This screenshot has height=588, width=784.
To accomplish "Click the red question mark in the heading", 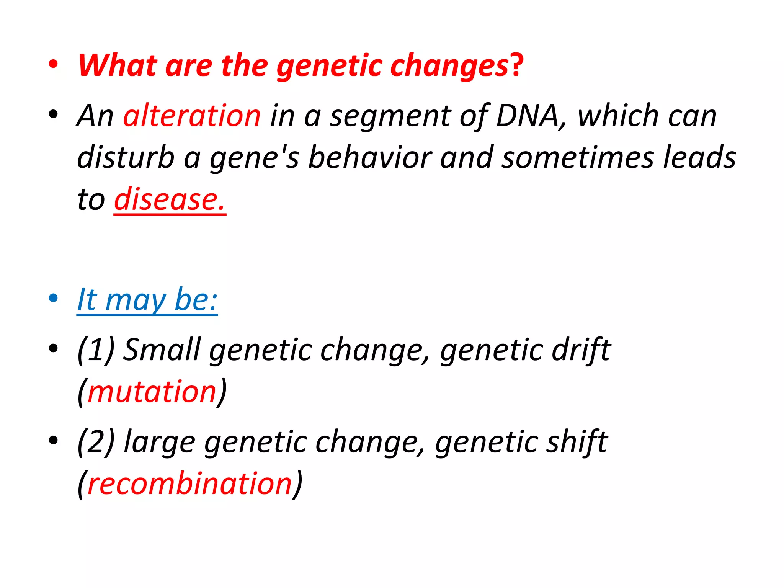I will point(516,65).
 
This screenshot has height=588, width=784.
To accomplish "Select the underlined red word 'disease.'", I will point(170,199).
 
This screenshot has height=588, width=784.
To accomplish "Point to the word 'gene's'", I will point(254,158).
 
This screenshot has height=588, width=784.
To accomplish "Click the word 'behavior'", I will point(370,158).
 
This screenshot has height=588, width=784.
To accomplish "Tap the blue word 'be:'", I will point(196,300).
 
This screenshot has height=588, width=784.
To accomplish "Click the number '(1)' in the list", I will point(96,350).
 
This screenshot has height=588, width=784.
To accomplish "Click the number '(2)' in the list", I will point(96,441).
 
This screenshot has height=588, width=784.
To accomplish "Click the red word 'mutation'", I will point(152,392).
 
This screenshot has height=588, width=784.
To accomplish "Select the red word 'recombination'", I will point(190,483).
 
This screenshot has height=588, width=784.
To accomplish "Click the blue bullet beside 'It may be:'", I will point(53,298).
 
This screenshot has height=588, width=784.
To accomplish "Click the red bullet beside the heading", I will point(53,64).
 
